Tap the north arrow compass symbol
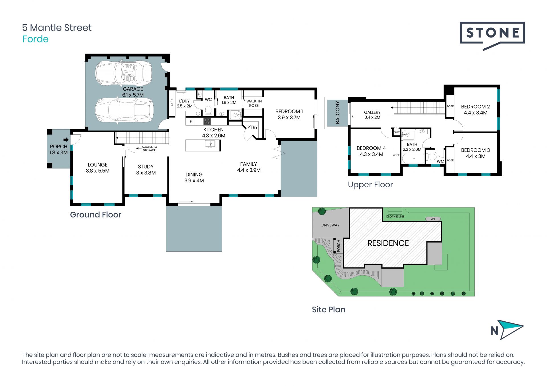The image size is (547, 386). (507, 330)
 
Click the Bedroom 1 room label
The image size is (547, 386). (289, 114)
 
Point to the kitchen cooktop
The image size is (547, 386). (207, 122)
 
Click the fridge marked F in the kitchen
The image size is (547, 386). (191, 122)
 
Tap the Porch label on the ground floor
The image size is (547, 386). (59, 149)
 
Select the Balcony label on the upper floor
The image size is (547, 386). (338, 112)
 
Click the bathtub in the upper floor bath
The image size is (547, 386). (413, 158)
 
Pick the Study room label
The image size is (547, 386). (146, 170)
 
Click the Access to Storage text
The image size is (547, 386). (149, 149)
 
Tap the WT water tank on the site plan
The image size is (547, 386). (433, 219)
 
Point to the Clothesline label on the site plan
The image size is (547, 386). (395, 217)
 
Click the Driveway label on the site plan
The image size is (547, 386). (330, 225)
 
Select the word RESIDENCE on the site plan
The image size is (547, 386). (388, 243)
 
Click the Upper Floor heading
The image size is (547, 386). (370, 185)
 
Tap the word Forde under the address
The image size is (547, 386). (36, 39)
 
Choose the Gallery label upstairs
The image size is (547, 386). (372, 115)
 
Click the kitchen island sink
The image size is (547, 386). (210, 144)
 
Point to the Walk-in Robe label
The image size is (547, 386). (254, 103)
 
